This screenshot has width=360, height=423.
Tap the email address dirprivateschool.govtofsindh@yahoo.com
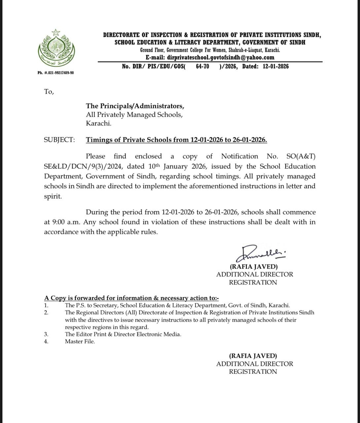pos(221,57)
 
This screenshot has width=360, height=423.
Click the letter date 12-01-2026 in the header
pos(276,66)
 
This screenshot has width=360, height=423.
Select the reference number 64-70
pos(202,66)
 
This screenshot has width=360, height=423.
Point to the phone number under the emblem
pos(56,73)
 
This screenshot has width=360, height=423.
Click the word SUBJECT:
pos(59,140)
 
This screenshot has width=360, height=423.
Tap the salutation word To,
pos(49,92)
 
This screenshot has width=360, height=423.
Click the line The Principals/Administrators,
pos(135,106)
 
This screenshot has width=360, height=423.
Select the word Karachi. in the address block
pos(98,124)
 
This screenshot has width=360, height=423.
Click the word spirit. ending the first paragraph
pos(53,196)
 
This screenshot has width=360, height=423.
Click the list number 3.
pos(46,334)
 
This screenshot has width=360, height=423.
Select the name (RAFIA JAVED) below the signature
pos(254,267)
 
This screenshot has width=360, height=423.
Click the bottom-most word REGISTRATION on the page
pos(253,372)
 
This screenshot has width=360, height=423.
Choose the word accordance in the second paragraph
pos(61,232)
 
